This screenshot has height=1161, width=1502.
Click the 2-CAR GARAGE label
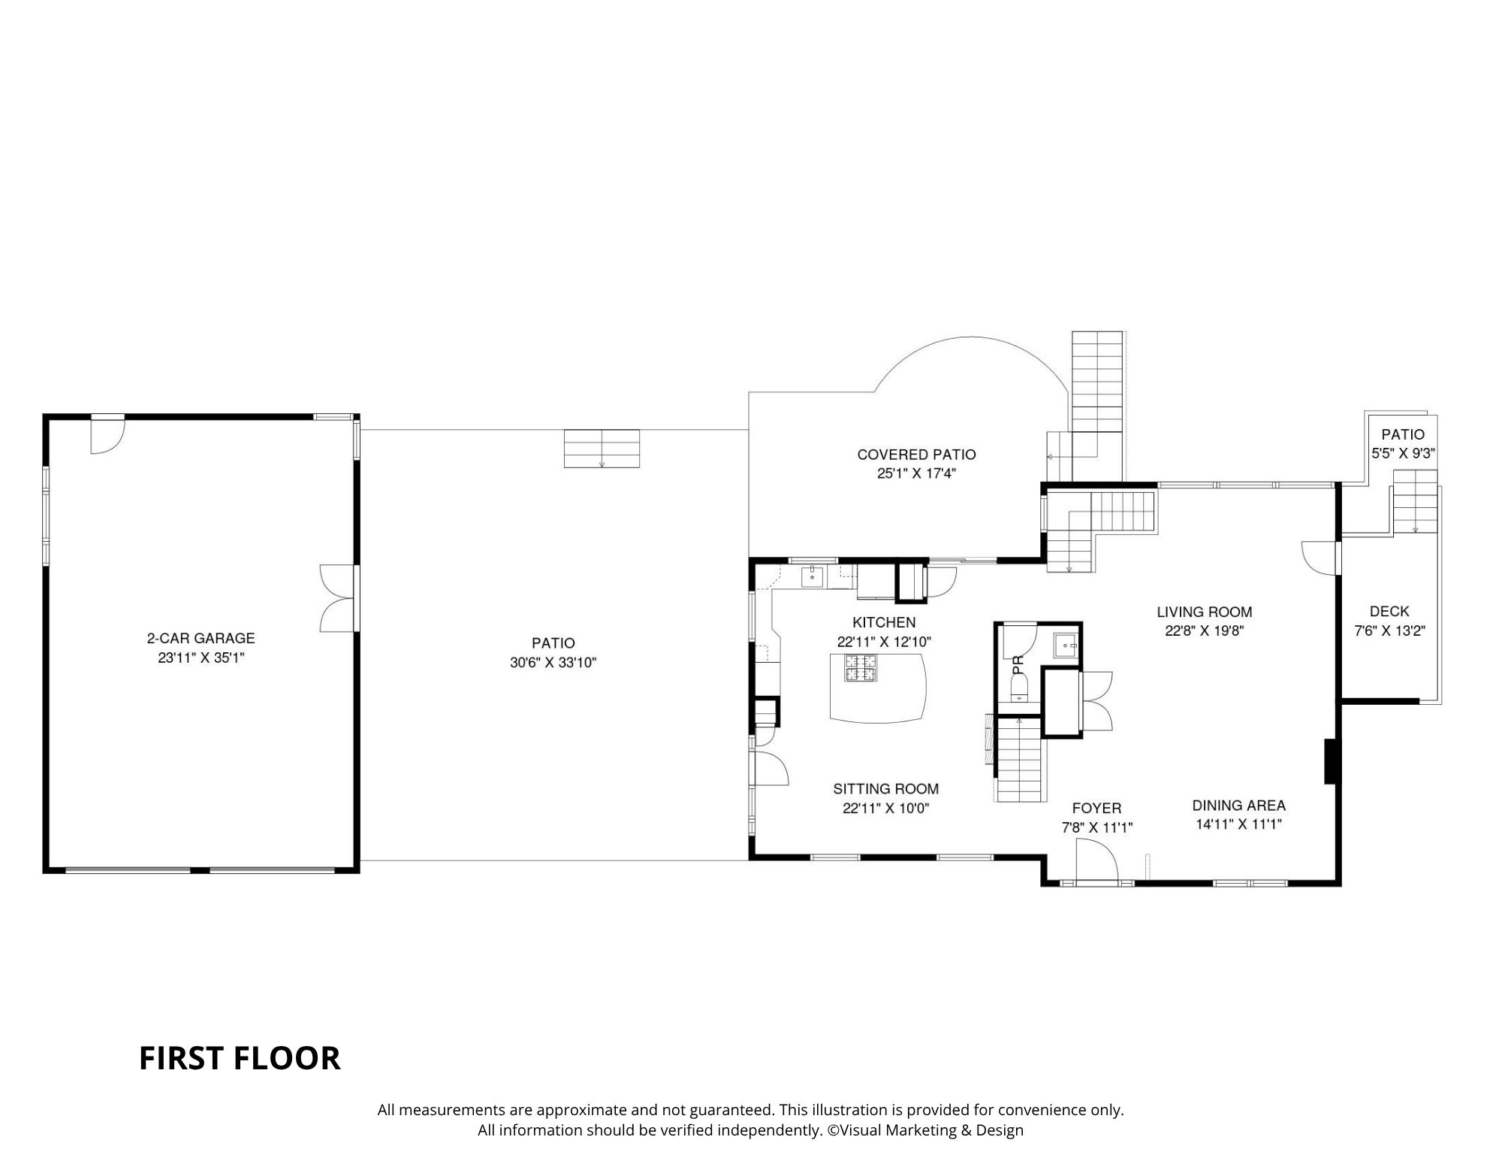pos(201,638)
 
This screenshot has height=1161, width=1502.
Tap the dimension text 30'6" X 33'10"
pos(553,663)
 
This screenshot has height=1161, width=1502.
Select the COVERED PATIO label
pos(916,455)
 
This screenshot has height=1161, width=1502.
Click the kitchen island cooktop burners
pos(861,668)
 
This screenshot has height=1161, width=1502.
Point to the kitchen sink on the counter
pos(812,577)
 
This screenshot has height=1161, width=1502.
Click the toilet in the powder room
pos(1019,687)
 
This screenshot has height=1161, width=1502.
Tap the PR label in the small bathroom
pos(1018,664)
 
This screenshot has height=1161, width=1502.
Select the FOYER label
pos(1096,808)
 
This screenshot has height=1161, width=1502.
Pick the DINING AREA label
pos(1238,806)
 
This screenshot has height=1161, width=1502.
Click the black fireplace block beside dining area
pos(1330,762)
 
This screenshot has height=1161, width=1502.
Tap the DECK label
pos(1389,612)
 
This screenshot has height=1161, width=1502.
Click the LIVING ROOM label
pos(1204,612)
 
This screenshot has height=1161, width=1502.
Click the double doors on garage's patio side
pos(336,598)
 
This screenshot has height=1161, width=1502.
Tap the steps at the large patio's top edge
pos(602,449)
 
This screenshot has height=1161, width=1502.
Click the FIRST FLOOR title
pos(240,1058)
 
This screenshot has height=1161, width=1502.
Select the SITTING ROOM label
pos(885,789)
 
